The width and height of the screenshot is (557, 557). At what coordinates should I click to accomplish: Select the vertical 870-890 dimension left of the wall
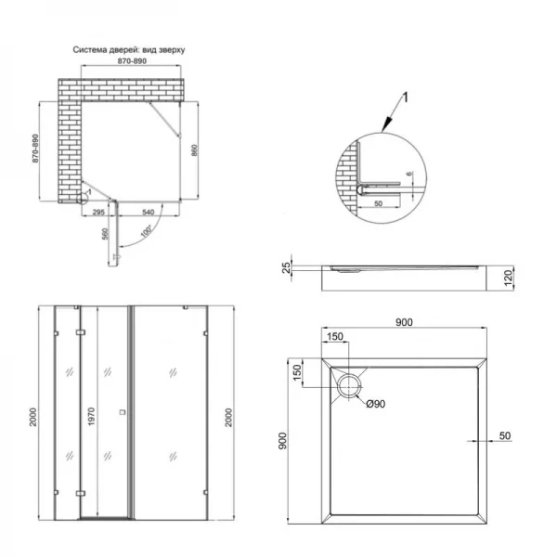point(35,148)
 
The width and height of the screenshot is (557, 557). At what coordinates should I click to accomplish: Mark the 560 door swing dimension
point(105,235)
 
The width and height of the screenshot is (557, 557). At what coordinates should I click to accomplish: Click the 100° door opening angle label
point(146,231)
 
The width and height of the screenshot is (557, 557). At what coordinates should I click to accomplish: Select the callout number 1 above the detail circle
point(405,95)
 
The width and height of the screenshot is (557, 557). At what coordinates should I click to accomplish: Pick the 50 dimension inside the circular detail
point(379,201)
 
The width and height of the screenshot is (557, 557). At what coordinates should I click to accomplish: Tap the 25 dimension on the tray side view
point(288,268)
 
